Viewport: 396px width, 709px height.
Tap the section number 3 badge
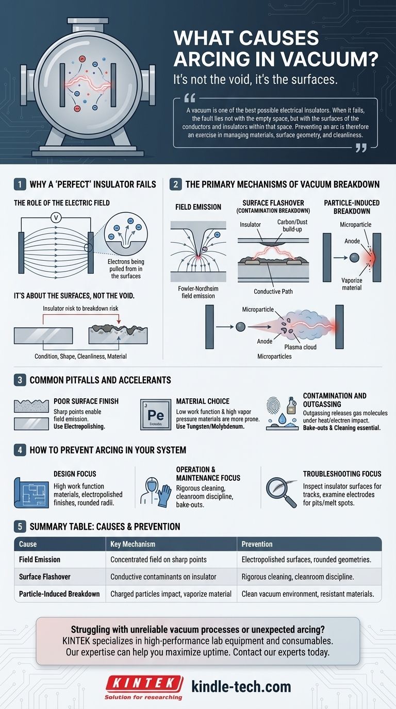[x=19, y=380]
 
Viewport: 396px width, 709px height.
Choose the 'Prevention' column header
[x=257, y=544]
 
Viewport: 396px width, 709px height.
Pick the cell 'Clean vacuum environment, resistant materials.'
[x=308, y=594]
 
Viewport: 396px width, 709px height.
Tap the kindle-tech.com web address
[x=241, y=686]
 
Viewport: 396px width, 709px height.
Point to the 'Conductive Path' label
[x=273, y=292]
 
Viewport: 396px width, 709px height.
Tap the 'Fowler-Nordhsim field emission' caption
[x=196, y=292]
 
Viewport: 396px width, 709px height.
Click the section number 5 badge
[x=19, y=527]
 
